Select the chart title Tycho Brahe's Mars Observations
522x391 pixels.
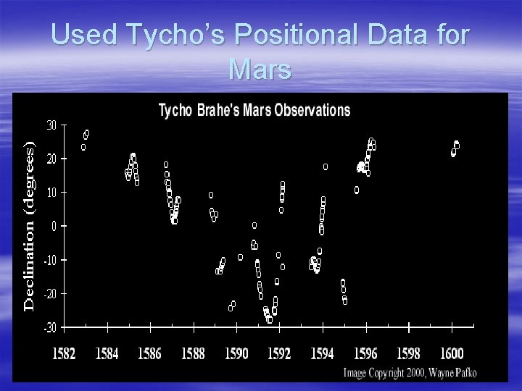click(254, 111)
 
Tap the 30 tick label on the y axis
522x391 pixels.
click(51, 125)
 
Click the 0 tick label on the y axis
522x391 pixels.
click(54, 226)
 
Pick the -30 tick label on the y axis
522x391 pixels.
click(49, 328)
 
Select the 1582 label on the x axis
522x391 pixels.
click(65, 354)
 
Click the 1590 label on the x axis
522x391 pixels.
click(236, 354)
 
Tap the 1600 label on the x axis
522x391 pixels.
click(451, 354)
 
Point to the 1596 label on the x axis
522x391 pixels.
click(365, 354)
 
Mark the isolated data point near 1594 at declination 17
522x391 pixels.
click(326, 167)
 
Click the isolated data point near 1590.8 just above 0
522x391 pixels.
click(254, 225)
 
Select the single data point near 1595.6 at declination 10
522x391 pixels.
click(357, 190)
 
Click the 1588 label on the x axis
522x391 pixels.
click(194, 354)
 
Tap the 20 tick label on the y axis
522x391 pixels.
click(51, 159)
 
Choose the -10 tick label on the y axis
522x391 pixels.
click(49, 260)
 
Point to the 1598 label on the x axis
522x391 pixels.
click(408, 354)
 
